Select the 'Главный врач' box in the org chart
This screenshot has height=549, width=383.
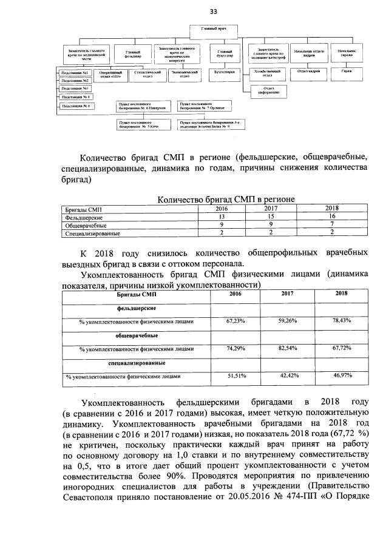[x=213, y=29]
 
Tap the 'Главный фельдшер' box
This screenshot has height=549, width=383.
[x=134, y=55]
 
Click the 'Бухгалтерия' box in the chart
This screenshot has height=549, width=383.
[x=224, y=72]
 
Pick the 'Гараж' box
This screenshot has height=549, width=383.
[x=346, y=72]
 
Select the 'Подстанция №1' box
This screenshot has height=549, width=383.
[x=75, y=73]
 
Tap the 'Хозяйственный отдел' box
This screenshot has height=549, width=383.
[x=267, y=73]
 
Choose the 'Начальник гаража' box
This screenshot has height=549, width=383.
[x=346, y=54]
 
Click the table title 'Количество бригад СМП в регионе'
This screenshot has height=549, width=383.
[x=226, y=199]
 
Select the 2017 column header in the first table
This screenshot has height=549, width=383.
[x=271, y=208]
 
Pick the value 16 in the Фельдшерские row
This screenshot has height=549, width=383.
[x=331, y=217]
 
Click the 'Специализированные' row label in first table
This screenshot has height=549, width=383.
[x=92, y=233]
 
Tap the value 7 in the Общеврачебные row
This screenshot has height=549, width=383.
[x=331, y=224]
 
